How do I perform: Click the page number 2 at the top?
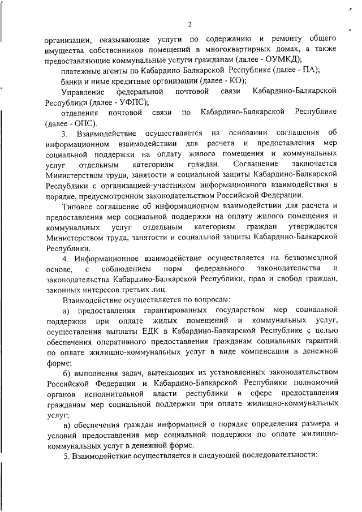coord(190,24)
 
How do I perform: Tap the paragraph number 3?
coord(64,134)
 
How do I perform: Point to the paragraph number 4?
coord(65,257)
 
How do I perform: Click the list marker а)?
coord(65,310)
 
